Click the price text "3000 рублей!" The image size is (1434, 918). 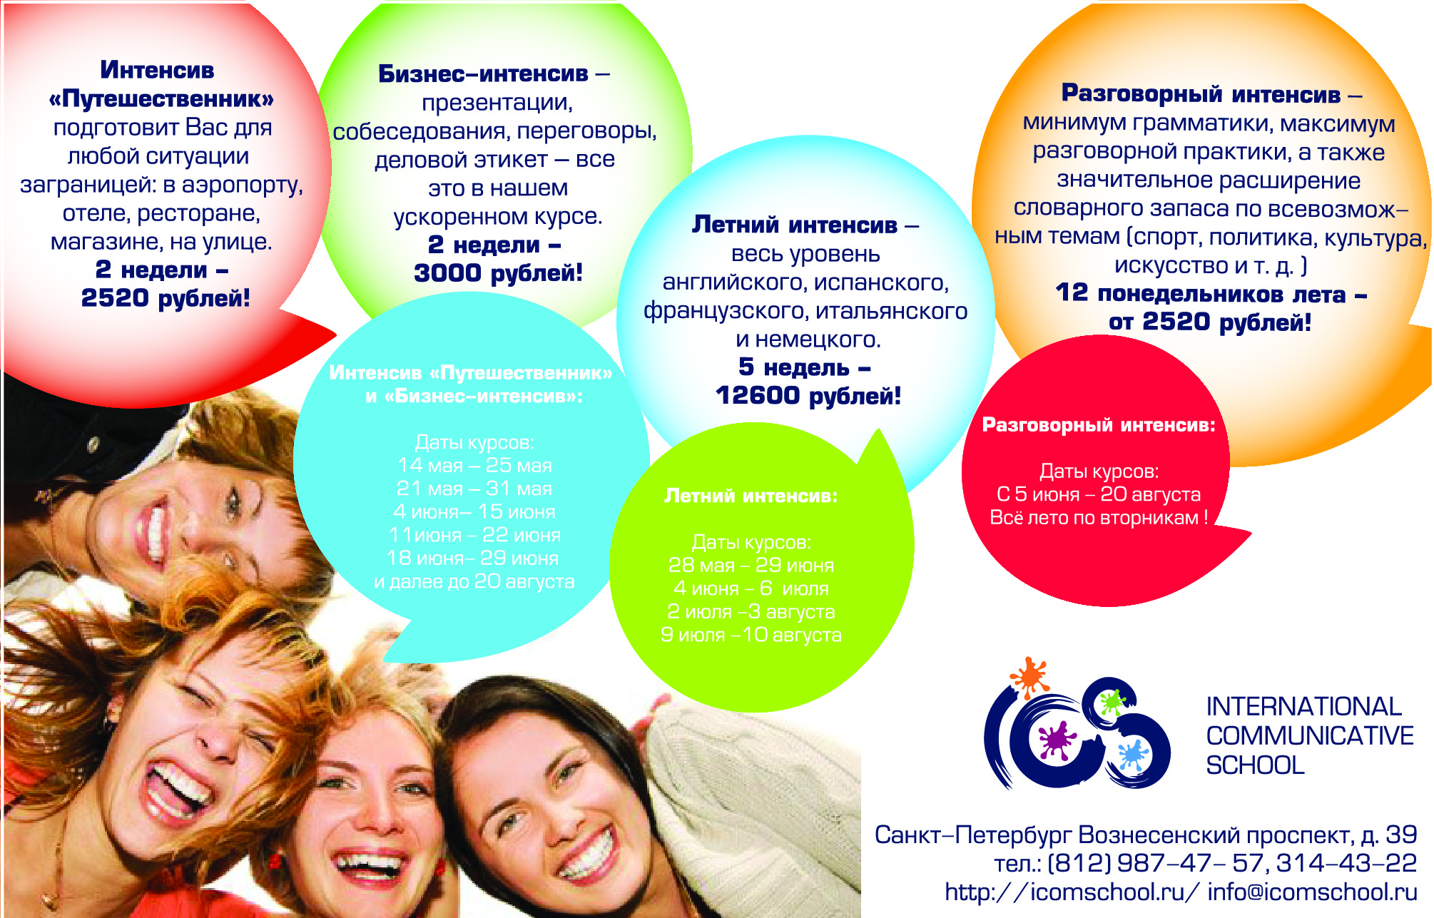tap(498, 272)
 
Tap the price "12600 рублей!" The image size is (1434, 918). tap(808, 395)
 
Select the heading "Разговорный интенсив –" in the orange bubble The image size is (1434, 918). tap(1211, 93)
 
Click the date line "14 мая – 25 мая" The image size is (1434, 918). tap(474, 465)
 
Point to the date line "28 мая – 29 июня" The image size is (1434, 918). tap(751, 565)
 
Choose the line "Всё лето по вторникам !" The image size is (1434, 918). tap(1099, 517)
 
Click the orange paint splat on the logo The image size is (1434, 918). tap(1029, 676)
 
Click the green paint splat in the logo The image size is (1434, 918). tap(1112, 703)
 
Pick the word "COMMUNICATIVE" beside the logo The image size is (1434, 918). tap(1310, 735)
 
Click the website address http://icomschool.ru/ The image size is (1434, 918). tap(1072, 892)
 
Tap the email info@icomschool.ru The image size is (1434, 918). tap(1312, 892)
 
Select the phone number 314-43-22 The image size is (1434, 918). tap(1346, 863)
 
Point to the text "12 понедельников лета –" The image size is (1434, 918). tap(1211, 293)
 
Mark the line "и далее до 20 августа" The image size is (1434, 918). tap(474, 581)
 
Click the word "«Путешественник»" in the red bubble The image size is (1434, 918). tap(161, 98)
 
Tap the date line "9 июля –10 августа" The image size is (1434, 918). tap(751, 634)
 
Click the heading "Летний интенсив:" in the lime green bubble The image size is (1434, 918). tap(751, 495)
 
